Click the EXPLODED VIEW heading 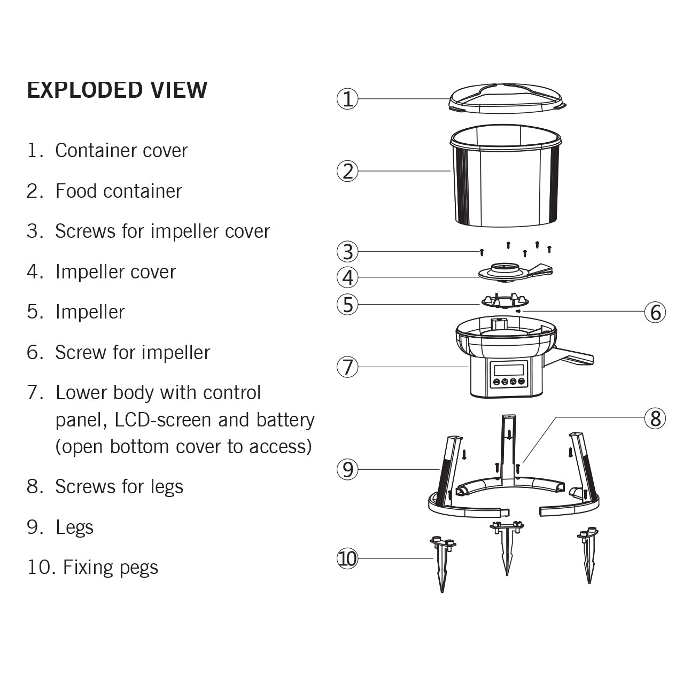(x=117, y=90)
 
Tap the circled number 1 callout (x=348, y=99)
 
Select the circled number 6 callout (x=655, y=312)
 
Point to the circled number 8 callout (x=655, y=418)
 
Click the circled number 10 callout (x=348, y=558)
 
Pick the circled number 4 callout (x=348, y=277)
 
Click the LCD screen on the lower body (x=508, y=369)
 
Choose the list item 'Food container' (x=119, y=191)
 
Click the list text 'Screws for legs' (x=119, y=486)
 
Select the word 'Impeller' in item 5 (x=90, y=312)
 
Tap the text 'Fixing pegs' (x=111, y=567)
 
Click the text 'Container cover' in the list (x=121, y=150)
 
